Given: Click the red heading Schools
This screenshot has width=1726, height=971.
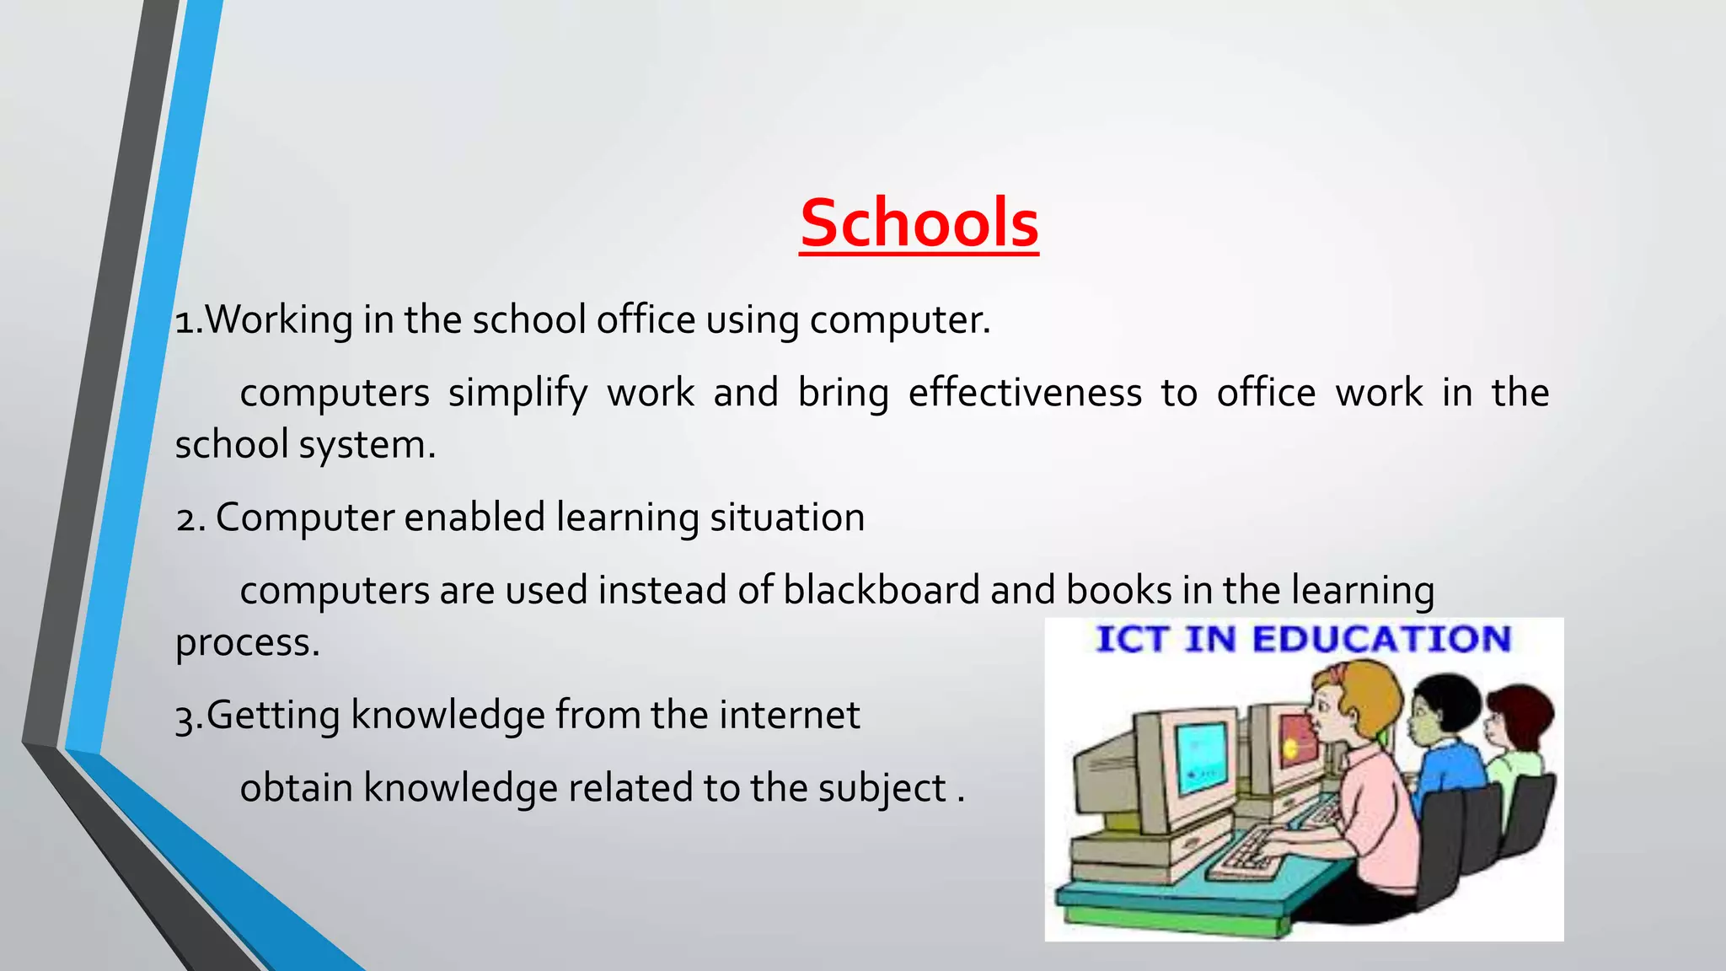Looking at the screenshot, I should tap(919, 223).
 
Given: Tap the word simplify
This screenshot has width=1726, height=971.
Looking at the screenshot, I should tap(517, 394).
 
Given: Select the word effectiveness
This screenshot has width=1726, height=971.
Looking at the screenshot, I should tap(1024, 393).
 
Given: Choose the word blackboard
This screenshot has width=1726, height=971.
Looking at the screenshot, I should tap(881, 590).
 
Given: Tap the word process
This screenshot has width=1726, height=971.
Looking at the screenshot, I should tap(247, 643).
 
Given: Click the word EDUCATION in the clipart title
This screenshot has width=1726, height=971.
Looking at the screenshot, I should tap(1381, 639).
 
